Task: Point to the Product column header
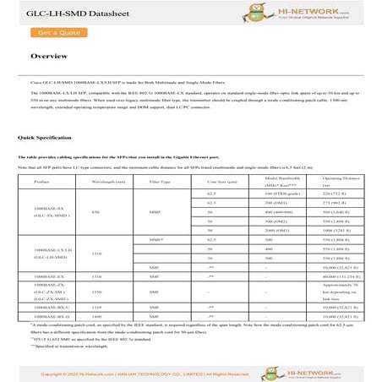click(x=41, y=182)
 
